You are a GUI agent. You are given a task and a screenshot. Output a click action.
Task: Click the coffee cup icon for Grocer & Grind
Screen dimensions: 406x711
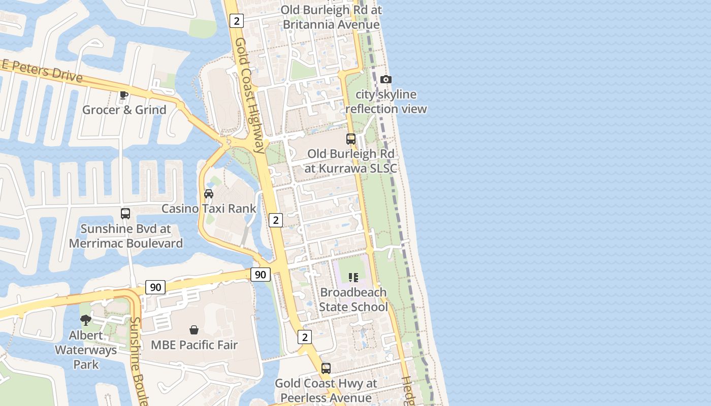[x=123, y=94]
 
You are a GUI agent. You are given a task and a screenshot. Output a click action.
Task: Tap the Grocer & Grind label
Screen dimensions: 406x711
[x=124, y=110]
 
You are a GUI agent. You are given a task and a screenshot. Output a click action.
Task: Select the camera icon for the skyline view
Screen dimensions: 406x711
[x=386, y=79]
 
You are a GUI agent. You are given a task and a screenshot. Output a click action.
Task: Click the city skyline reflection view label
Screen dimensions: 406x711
[x=386, y=101]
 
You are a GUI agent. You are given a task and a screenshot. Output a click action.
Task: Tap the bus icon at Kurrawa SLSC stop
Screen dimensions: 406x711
[x=351, y=139]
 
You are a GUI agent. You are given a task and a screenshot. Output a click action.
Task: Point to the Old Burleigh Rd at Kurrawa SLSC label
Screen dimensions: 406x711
[x=350, y=161]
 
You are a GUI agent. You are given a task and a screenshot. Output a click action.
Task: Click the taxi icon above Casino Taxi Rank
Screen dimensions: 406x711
[x=209, y=193]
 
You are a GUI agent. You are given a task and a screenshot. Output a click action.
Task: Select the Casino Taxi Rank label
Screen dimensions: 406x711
[x=209, y=209]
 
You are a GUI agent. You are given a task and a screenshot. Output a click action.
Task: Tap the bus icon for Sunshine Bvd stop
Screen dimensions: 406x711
[x=125, y=214]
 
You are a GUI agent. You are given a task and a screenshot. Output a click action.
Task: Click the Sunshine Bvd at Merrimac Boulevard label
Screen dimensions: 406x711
[x=125, y=236]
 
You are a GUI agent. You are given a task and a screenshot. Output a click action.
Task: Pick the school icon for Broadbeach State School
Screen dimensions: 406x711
[x=353, y=277]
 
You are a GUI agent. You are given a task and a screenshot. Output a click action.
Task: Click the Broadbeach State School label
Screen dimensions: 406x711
[x=353, y=299]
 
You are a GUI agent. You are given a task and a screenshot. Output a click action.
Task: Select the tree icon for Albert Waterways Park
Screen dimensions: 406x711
[x=86, y=320]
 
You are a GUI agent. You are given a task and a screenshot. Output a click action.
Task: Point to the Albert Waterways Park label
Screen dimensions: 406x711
[x=86, y=350]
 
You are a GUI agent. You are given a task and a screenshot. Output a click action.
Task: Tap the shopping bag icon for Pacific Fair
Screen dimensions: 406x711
[x=194, y=330]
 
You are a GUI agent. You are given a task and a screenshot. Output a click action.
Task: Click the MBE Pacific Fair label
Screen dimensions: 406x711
[x=194, y=345]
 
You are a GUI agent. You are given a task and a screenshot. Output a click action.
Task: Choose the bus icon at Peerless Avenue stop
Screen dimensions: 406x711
[x=326, y=368]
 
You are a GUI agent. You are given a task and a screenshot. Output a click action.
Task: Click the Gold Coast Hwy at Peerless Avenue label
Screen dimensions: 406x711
[x=326, y=390]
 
